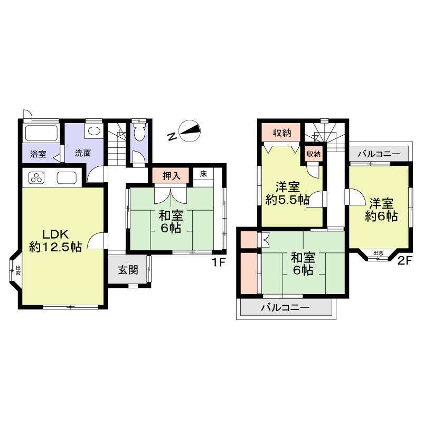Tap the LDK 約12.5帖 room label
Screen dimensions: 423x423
(55, 240)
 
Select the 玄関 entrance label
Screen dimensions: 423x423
(127, 270)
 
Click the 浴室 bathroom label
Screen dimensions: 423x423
(37, 154)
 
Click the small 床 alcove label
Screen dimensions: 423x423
(203, 174)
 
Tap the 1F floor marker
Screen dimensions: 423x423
(219, 261)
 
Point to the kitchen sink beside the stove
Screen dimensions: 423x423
(67, 178)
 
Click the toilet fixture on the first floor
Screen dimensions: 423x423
(140, 133)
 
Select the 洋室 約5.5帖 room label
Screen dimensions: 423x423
(287, 193)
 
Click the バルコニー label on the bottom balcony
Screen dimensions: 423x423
(285, 307)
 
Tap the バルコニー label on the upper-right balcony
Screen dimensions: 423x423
(379, 155)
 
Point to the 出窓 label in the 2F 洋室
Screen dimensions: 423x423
(378, 253)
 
